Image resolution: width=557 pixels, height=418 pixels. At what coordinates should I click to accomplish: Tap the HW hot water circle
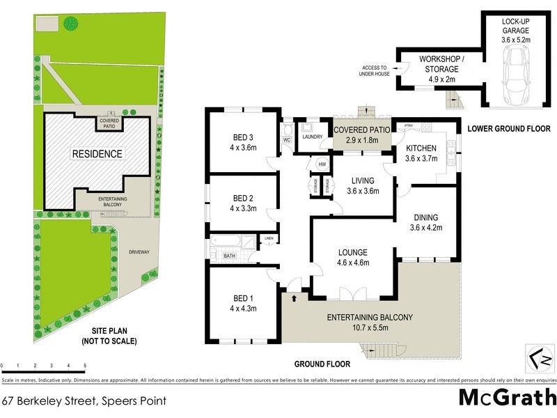pyautogui.click(x=322, y=164)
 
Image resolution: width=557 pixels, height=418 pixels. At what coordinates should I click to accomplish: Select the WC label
pyautogui.click(x=286, y=139)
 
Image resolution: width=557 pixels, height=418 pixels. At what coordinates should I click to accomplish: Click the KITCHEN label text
pyautogui.click(x=421, y=148)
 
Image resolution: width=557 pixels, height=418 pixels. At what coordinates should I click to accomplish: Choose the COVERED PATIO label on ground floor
pyautogui.click(x=361, y=130)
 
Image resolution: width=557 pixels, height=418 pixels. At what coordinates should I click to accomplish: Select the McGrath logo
pyautogui.click(x=507, y=398)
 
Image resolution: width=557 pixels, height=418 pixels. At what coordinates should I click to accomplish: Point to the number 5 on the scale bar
pyautogui.click(x=85, y=365)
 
